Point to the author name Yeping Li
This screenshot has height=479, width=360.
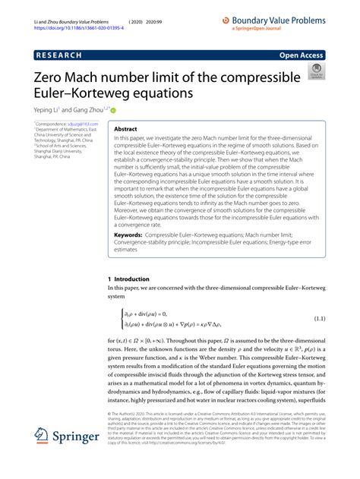pos(51,109)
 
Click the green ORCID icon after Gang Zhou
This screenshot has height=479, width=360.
pos(124,109)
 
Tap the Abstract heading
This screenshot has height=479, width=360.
pos(125,129)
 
